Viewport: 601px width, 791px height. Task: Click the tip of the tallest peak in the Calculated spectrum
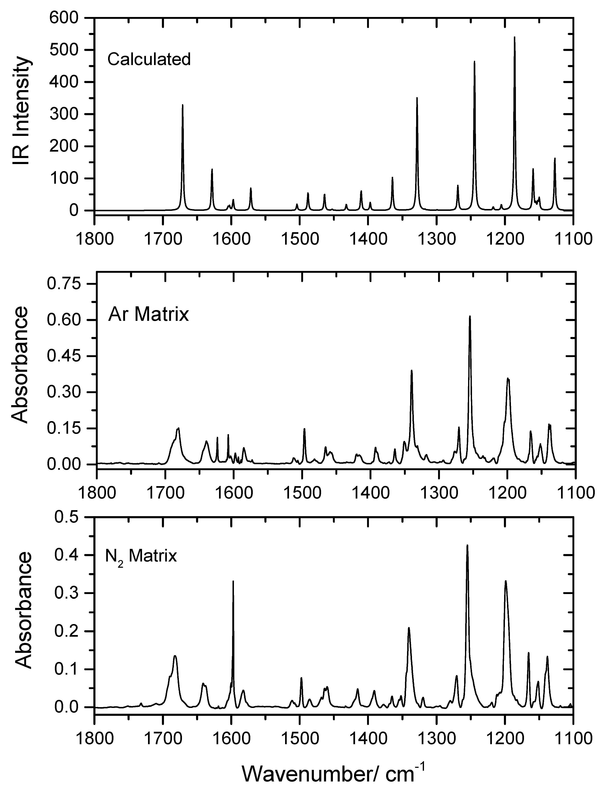click(x=514, y=37)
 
